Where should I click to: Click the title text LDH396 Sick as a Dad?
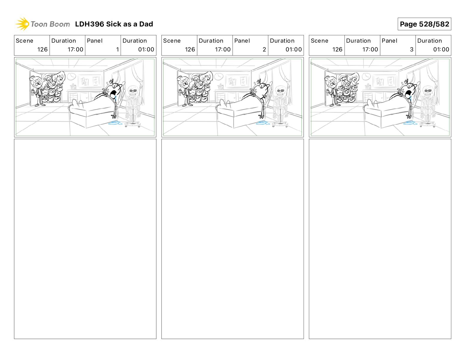click(114, 24)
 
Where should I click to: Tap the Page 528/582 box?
click(424, 24)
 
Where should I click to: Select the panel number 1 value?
click(117, 49)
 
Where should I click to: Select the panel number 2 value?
click(264, 49)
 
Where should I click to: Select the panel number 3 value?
click(412, 49)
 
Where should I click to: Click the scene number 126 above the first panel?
click(42, 49)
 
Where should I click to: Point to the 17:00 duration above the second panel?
click(223, 49)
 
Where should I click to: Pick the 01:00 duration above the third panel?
click(441, 49)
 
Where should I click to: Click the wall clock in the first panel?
click(71, 76)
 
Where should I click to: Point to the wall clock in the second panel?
click(219, 76)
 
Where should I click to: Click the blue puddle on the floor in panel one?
click(115, 123)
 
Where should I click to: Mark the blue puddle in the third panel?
click(410, 123)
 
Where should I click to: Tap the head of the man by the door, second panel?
click(184, 81)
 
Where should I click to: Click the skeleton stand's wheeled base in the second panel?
click(280, 125)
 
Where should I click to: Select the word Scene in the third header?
click(319, 41)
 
